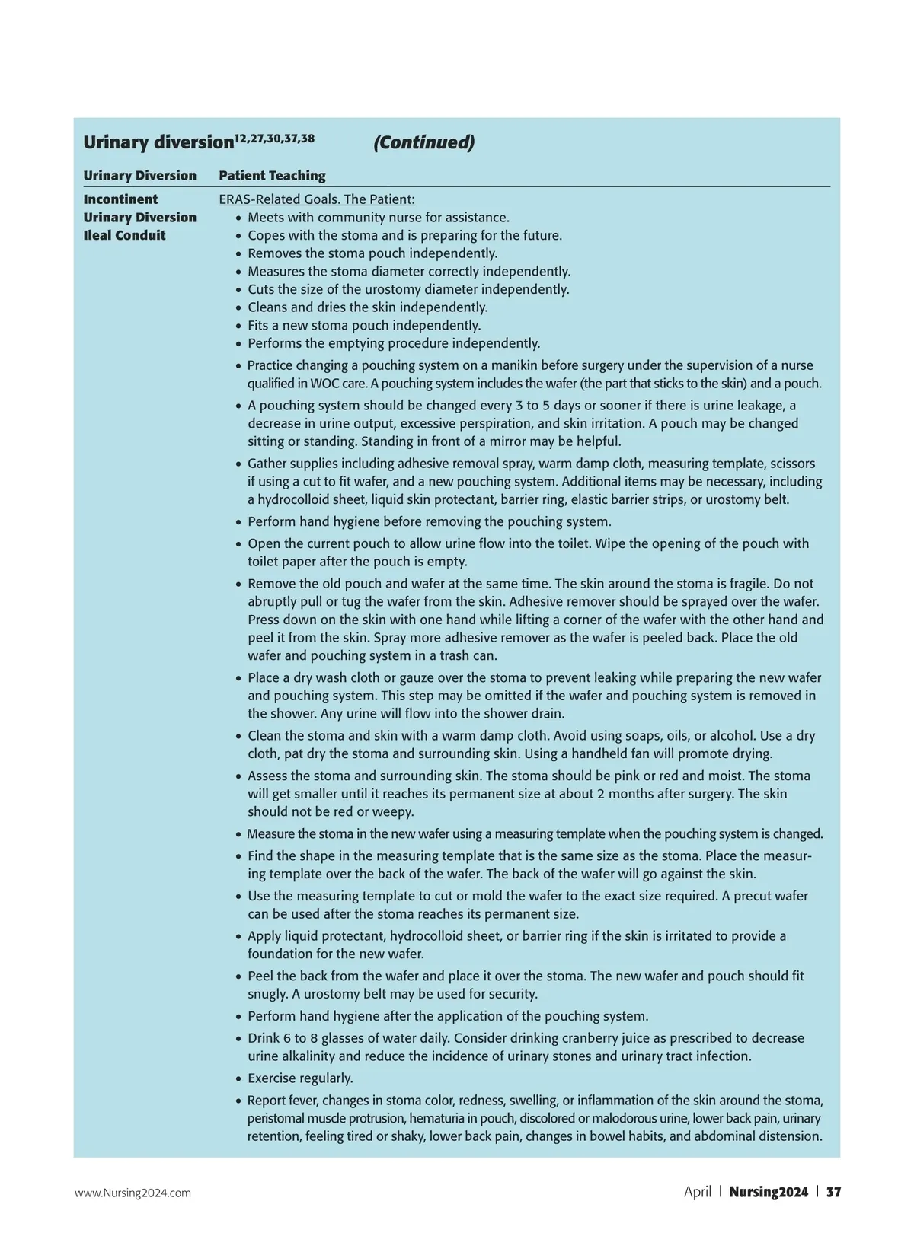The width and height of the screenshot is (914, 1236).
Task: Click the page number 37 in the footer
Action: click(833, 1192)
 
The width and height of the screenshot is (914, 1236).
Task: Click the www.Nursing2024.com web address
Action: click(133, 1193)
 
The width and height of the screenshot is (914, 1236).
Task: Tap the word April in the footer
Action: click(697, 1192)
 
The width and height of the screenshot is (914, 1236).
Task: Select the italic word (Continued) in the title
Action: click(423, 142)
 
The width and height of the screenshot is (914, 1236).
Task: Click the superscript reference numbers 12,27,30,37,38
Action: click(274, 138)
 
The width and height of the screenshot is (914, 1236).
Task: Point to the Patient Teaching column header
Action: click(272, 176)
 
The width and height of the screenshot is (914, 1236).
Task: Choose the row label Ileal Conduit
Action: click(124, 235)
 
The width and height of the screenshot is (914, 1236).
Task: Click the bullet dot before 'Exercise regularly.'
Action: click(238, 1078)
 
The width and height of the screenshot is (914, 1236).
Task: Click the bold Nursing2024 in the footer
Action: click(768, 1192)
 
